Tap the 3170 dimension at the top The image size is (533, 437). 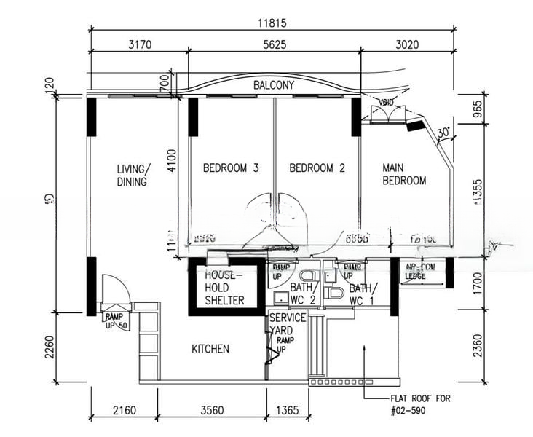pyautogui.click(x=139, y=44)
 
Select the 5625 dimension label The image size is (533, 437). pyautogui.click(x=274, y=44)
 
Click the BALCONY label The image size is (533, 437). pyautogui.click(x=274, y=85)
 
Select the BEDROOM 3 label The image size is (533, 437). pyautogui.click(x=231, y=168)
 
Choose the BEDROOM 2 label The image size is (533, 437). pyautogui.click(x=317, y=168)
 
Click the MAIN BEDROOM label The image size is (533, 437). pyautogui.click(x=404, y=174)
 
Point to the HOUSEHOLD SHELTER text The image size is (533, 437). pyautogui.click(x=224, y=288)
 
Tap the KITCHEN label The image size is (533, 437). pyautogui.click(x=210, y=349)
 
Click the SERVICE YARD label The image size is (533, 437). pyautogui.click(x=287, y=323)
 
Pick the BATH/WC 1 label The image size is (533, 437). pyautogui.click(x=362, y=294)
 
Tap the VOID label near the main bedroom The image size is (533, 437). pyautogui.click(x=387, y=102)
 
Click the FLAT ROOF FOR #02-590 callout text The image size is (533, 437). pyautogui.click(x=421, y=404)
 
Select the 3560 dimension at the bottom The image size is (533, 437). pyautogui.click(x=211, y=411)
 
